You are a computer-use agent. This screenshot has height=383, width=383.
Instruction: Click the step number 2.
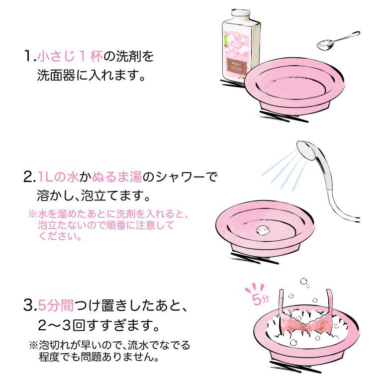point(28,177)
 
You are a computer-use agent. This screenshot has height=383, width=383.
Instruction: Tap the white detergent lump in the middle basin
point(263,230)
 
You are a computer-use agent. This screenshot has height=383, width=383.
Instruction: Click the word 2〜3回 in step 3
point(59,326)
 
